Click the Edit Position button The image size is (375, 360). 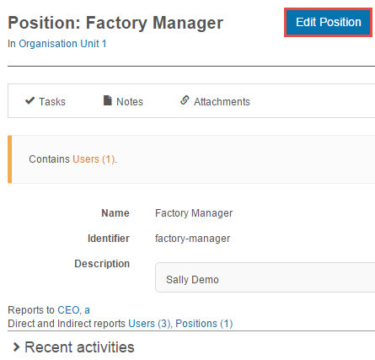[328, 22]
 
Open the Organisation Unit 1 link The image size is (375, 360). [62, 44]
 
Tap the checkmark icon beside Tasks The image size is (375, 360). [29, 100]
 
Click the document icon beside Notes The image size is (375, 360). [108, 100]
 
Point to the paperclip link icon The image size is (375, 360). [185, 99]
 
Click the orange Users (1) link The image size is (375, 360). [94, 159]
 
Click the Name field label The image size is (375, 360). [115, 213]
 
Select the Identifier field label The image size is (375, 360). [109, 239]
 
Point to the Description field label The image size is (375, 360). [102, 264]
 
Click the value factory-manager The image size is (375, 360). [192, 239]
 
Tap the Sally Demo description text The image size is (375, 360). [192, 280]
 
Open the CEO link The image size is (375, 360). [68, 310]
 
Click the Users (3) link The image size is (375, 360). [149, 324]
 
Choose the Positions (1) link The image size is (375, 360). [204, 324]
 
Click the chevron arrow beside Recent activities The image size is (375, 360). [17, 347]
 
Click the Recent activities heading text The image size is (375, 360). [79, 347]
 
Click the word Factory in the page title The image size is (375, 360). [116, 23]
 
